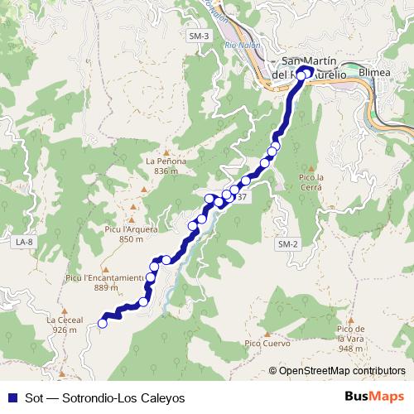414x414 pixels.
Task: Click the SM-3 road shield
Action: pos(199,37)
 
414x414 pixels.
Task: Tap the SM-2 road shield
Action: pos(287,245)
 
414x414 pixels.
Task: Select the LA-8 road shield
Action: pos(24,242)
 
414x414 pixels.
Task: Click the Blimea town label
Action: pos(374,72)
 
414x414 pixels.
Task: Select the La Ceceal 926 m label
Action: pos(65,324)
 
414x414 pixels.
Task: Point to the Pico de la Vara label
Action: pos(351,339)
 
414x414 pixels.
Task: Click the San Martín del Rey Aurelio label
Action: pos(314,67)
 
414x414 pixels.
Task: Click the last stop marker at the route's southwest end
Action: pos(103,324)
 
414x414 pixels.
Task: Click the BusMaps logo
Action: pos(375,397)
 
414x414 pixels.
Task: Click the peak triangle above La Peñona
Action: pos(166,152)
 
